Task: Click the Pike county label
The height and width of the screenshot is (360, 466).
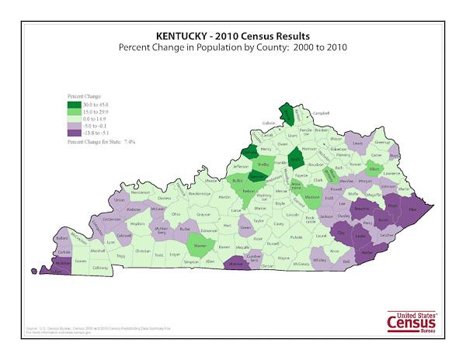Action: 412,209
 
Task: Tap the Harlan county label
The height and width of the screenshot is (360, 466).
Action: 368,251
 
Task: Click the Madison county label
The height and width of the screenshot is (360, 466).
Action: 311,197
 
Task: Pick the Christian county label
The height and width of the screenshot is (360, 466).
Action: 142,251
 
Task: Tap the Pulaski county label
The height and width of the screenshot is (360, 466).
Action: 296,237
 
